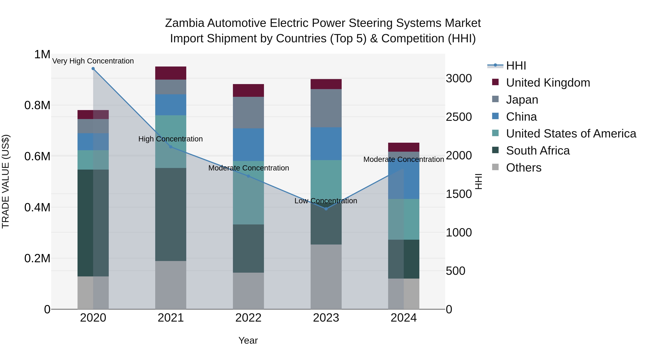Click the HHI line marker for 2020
[93, 69]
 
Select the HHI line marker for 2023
[326, 209]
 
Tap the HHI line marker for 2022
[248, 176]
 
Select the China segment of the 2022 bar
[248, 144]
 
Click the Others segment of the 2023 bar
[326, 277]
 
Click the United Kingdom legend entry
[548, 83]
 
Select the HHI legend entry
[516, 66]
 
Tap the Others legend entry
[524, 168]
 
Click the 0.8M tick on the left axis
[37, 105]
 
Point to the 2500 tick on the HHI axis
[459, 117]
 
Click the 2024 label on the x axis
[404, 318]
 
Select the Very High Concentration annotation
[93, 61]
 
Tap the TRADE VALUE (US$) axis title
[6, 181]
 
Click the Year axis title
[248, 340]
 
